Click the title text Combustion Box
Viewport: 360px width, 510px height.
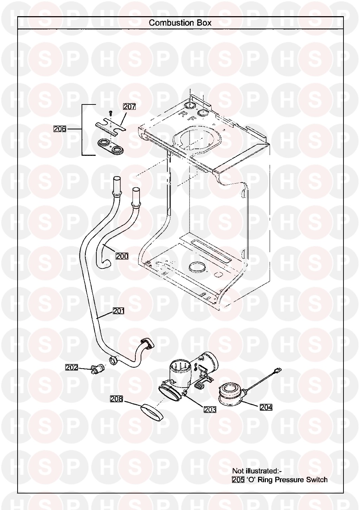click(180, 23)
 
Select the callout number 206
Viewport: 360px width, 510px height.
click(60, 129)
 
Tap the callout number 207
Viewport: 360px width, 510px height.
click(129, 106)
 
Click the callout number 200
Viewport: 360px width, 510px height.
click(122, 256)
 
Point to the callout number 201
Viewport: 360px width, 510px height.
click(118, 311)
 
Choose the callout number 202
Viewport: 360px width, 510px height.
click(71, 367)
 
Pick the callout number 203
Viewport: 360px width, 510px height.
click(210, 409)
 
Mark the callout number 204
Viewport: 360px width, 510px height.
click(266, 408)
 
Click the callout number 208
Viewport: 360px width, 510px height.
click(116, 399)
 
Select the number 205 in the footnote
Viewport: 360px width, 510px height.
click(238, 480)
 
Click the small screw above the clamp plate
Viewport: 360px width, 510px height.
click(110, 113)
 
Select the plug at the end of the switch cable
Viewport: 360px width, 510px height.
click(277, 370)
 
